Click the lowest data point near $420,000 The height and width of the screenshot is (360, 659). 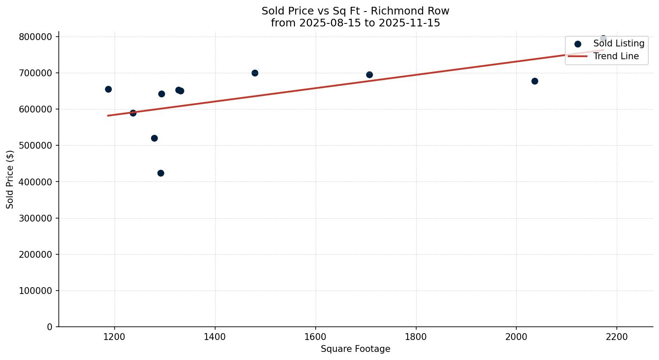tap(161, 173)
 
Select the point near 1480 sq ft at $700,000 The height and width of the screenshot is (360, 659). tap(255, 73)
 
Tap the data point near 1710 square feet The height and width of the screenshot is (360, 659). tap(369, 75)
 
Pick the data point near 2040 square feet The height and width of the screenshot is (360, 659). tap(535, 81)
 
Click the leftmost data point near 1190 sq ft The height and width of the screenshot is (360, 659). tap(108, 89)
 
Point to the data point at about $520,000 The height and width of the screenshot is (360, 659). tap(154, 138)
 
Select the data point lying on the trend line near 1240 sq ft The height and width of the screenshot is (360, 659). tap(133, 113)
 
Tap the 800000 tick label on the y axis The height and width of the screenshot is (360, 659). tap(36, 37)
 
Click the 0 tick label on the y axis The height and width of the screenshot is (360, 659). tap(50, 327)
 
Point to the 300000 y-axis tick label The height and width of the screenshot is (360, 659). tap(36, 218)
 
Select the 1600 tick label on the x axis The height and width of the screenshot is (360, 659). tap(315, 337)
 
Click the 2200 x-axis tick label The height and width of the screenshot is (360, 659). tap(617, 337)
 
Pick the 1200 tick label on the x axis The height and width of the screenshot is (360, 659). tap(115, 337)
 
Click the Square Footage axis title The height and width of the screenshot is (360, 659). tap(355, 349)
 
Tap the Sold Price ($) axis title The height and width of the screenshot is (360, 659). tap(10, 179)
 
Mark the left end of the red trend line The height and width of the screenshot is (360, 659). tap(108, 115)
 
